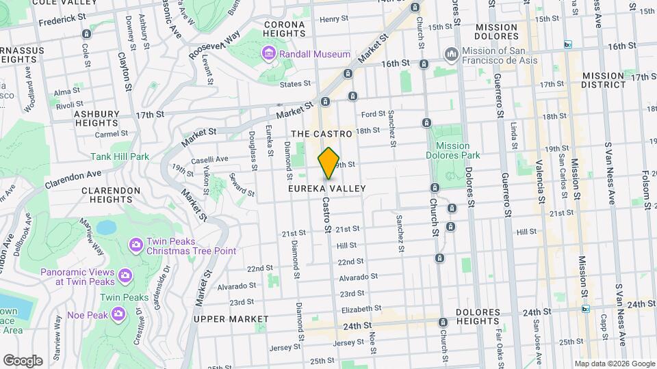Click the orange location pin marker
click(x=328, y=163)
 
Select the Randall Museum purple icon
click(x=269, y=53)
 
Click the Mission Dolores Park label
click(x=452, y=150)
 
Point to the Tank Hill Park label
click(x=120, y=156)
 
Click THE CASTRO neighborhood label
click(x=321, y=134)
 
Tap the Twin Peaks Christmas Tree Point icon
click(x=136, y=244)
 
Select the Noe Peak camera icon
click(x=118, y=314)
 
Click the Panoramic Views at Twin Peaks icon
click(x=125, y=275)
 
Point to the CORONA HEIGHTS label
click(x=284, y=30)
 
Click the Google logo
click(x=23, y=360)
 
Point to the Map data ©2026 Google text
click(x=614, y=364)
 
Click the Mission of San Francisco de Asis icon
click(x=451, y=53)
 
